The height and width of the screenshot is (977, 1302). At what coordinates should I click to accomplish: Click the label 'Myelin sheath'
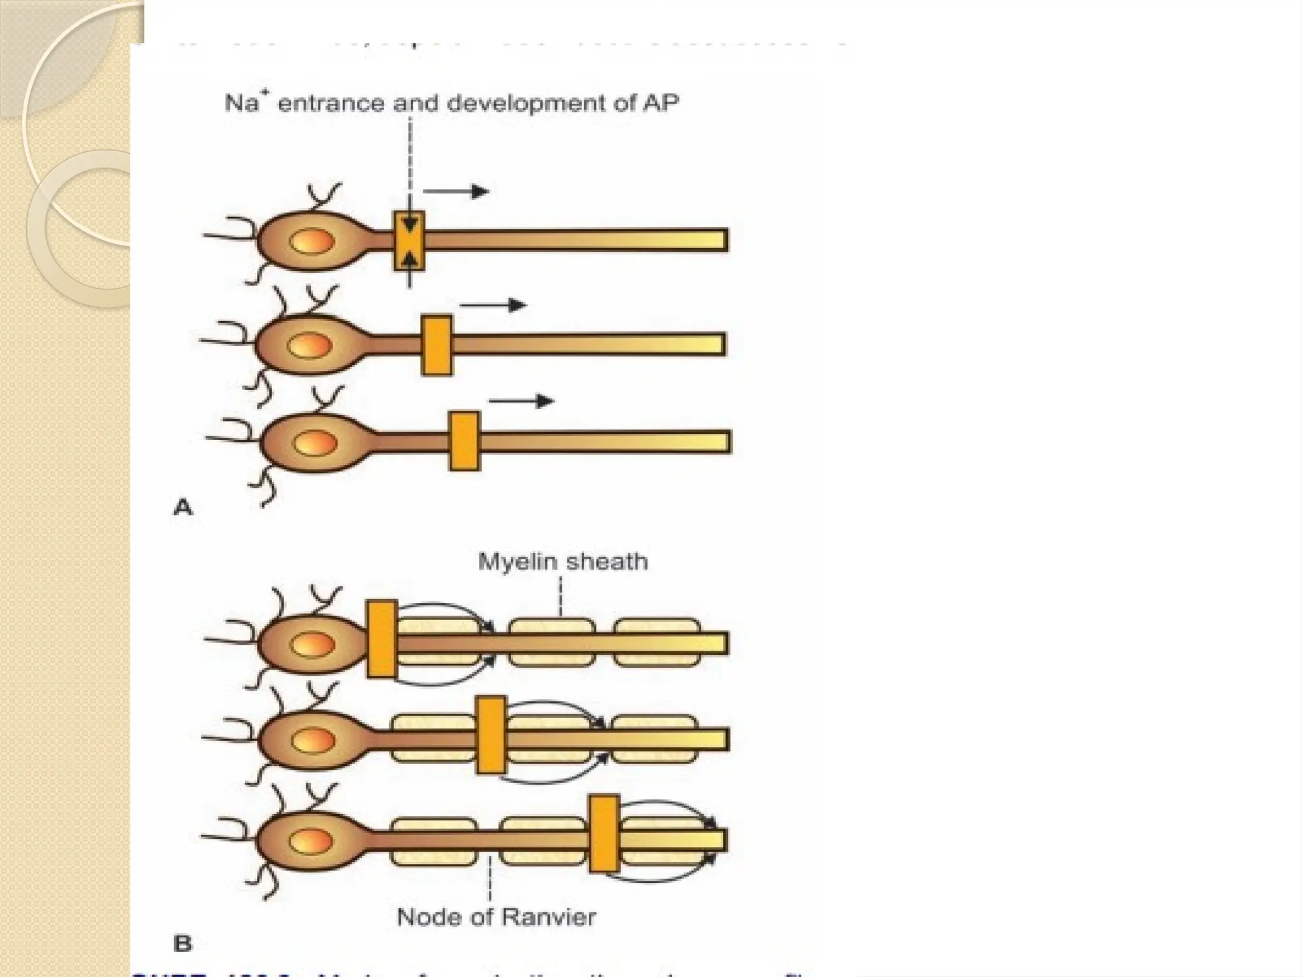pos(563,562)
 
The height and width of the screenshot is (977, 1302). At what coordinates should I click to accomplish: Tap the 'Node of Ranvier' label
pos(496,917)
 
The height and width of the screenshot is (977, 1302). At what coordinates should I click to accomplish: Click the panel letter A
pos(183,508)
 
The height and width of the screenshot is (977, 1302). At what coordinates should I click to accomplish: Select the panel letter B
pos(182,943)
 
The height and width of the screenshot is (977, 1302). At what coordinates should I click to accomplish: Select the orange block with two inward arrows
pos(409,240)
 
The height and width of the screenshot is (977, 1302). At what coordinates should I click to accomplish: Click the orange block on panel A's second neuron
pos(437,345)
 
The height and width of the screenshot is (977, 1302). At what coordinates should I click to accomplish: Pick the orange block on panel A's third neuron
pos(464,441)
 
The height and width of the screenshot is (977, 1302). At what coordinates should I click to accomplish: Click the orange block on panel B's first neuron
pos(382,639)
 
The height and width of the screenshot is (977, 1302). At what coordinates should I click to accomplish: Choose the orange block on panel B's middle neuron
pos(491,736)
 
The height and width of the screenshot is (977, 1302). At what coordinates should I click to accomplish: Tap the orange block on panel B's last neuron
pos(604,833)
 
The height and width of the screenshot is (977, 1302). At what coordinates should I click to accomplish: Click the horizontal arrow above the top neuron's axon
pos(456,191)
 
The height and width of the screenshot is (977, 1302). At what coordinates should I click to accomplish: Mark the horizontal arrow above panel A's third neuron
pos(521,401)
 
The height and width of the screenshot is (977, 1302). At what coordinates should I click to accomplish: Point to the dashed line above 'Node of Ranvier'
pos(490,877)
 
